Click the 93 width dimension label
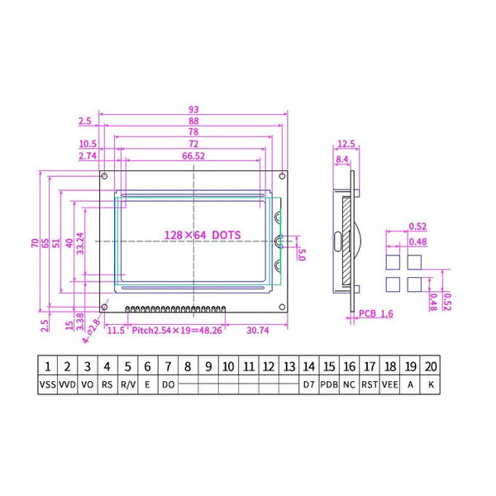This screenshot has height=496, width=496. [x=193, y=109]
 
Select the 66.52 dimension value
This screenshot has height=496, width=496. [x=193, y=155]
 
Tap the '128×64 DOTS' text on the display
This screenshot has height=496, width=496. [x=203, y=235]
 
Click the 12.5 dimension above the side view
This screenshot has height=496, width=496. [x=346, y=143]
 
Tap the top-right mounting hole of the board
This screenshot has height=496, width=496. [x=284, y=177]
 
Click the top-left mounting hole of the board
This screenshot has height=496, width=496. [x=104, y=177]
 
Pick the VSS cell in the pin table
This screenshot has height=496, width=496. [x=47, y=384]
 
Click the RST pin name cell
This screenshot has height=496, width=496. [x=370, y=384]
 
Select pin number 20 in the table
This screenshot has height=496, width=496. [x=430, y=365]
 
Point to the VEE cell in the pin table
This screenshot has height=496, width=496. [x=389, y=384]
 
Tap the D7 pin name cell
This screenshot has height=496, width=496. [x=309, y=384]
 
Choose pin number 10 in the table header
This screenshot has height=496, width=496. [x=228, y=365]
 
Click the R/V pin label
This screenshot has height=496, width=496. [x=128, y=384]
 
